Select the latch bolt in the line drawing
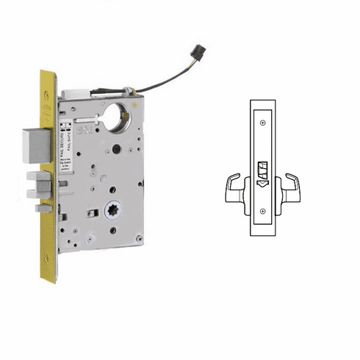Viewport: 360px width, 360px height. pos(262,170)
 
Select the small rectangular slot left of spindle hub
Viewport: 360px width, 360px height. pos(92,213)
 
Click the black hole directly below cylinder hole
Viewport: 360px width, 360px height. pos(116,149)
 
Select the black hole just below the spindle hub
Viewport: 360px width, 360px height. pos(112,229)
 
